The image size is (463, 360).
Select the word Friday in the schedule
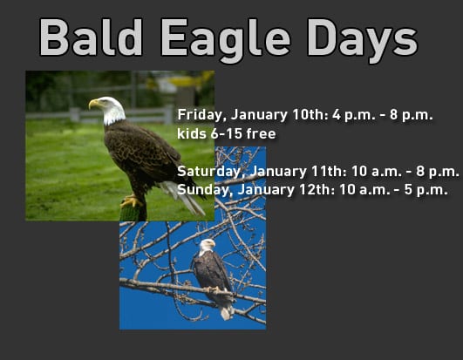tap(199, 115)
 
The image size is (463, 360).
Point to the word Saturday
tap(206, 172)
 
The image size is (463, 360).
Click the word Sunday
tap(200, 189)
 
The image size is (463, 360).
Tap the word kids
tap(191, 134)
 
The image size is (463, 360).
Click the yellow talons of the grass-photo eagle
tap(130, 200)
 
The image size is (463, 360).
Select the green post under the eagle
tap(133, 212)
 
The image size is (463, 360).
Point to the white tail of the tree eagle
tap(226, 309)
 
